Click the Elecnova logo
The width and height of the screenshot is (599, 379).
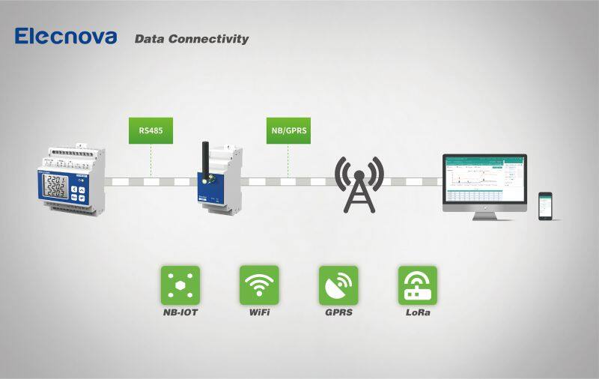[x=66, y=36]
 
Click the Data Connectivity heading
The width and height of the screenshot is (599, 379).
[x=191, y=39]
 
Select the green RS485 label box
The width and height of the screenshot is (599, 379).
[x=150, y=130]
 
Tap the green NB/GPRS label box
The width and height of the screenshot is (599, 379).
[x=288, y=130]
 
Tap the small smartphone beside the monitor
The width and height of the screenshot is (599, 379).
[x=545, y=205]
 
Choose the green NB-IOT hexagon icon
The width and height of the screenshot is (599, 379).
[x=180, y=285]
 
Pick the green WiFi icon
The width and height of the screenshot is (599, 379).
[x=259, y=285]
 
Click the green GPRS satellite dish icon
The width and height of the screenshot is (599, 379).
[x=338, y=285]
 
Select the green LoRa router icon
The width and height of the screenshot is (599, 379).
[x=417, y=285]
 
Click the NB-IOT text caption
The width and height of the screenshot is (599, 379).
[x=180, y=312]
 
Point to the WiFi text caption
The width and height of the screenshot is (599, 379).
[x=259, y=312]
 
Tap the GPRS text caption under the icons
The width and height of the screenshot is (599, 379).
[x=338, y=312]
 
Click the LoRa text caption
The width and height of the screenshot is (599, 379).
[x=417, y=312]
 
